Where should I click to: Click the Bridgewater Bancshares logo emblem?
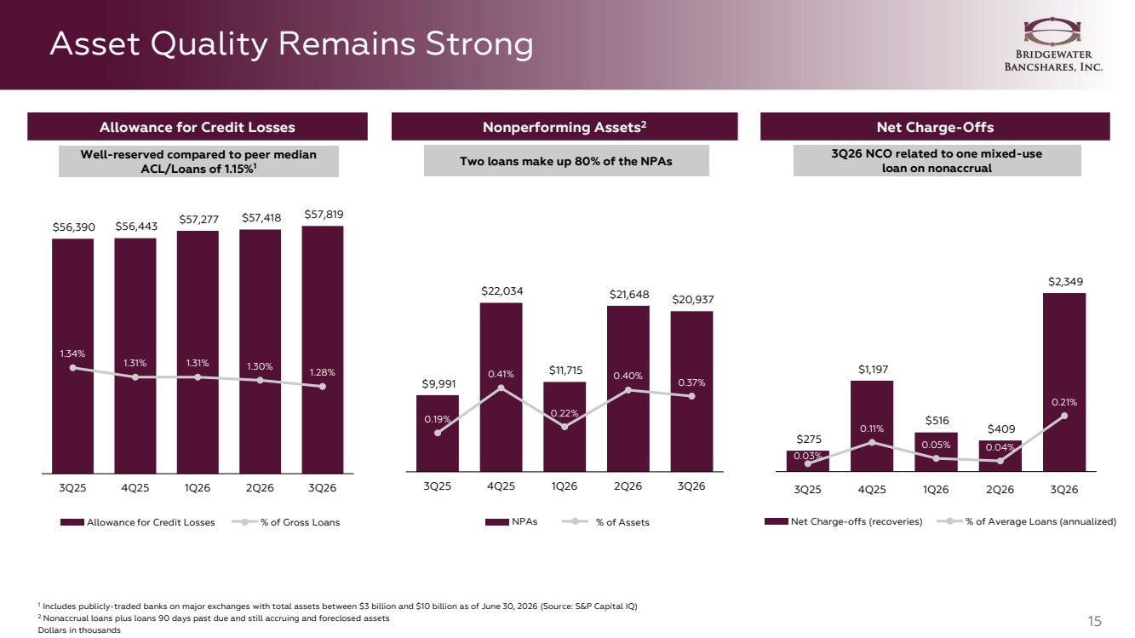[1052, 32]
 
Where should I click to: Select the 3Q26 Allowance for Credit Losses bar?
[322, 349]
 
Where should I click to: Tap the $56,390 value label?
[74, 227]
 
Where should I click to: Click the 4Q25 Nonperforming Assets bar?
[501, 388]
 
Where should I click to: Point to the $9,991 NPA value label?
[439, 384]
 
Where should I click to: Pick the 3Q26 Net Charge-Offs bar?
[1064, 382]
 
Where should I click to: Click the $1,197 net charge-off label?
[873, 370]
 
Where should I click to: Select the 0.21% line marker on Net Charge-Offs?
[1064, 416]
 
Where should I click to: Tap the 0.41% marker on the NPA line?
[501, 388]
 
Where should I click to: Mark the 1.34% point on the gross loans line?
[73, 368]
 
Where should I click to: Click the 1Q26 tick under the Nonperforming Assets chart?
[564, 486]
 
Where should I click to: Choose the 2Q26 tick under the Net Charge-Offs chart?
[1000, 490]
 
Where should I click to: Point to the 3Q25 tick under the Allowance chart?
[72, 488]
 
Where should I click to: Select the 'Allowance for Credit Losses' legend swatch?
[72, 522]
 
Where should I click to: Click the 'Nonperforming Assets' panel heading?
[565, 127]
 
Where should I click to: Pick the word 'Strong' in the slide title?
[479, 43]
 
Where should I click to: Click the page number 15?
[1094, 621]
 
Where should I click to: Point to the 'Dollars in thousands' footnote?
[79, 630]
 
